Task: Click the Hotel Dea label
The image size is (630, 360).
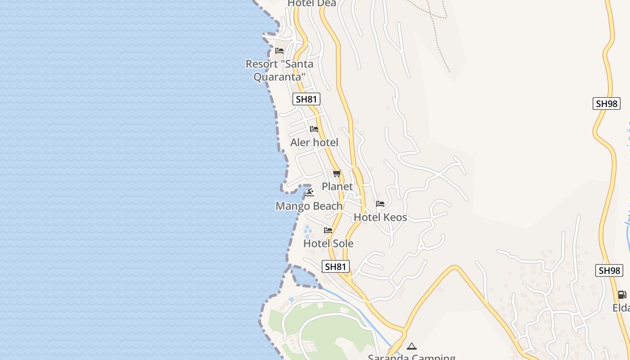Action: click(x=311, y=3)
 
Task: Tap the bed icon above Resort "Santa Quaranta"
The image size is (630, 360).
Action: click(x=279, y=51)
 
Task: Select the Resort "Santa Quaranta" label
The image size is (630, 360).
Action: click(x=279, y=70)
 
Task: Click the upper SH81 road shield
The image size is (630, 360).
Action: click(x=306, y=99)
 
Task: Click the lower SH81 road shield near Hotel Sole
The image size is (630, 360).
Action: click(x=336, y=266)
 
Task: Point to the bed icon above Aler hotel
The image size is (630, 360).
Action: click(x=314, y=130)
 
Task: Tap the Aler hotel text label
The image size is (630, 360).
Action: click(x=314, y=143)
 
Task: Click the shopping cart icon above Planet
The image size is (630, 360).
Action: click(x=337, y=174)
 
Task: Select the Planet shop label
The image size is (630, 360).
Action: click(x=337, y=186)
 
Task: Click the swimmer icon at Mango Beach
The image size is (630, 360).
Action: click(x=309, y=193)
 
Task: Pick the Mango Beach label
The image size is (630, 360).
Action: click(x=309, y=206)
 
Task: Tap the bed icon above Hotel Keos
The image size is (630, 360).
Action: click(x=380, y=204)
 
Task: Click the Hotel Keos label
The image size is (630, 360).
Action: click(x=380, y=217)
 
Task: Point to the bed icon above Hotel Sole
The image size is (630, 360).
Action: click(x=328, y=230)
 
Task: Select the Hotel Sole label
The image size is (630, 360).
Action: click(x=328, y=243)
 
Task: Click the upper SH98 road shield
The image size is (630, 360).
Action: click(x=606, y=103)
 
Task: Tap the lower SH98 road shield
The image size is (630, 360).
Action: click(x=609, y=270)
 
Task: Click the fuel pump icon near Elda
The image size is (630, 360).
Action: click(x=621, y=295)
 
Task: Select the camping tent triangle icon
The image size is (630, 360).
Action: click(x=411, y=346)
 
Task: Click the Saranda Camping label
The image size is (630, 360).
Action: click(x=411, y=357)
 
